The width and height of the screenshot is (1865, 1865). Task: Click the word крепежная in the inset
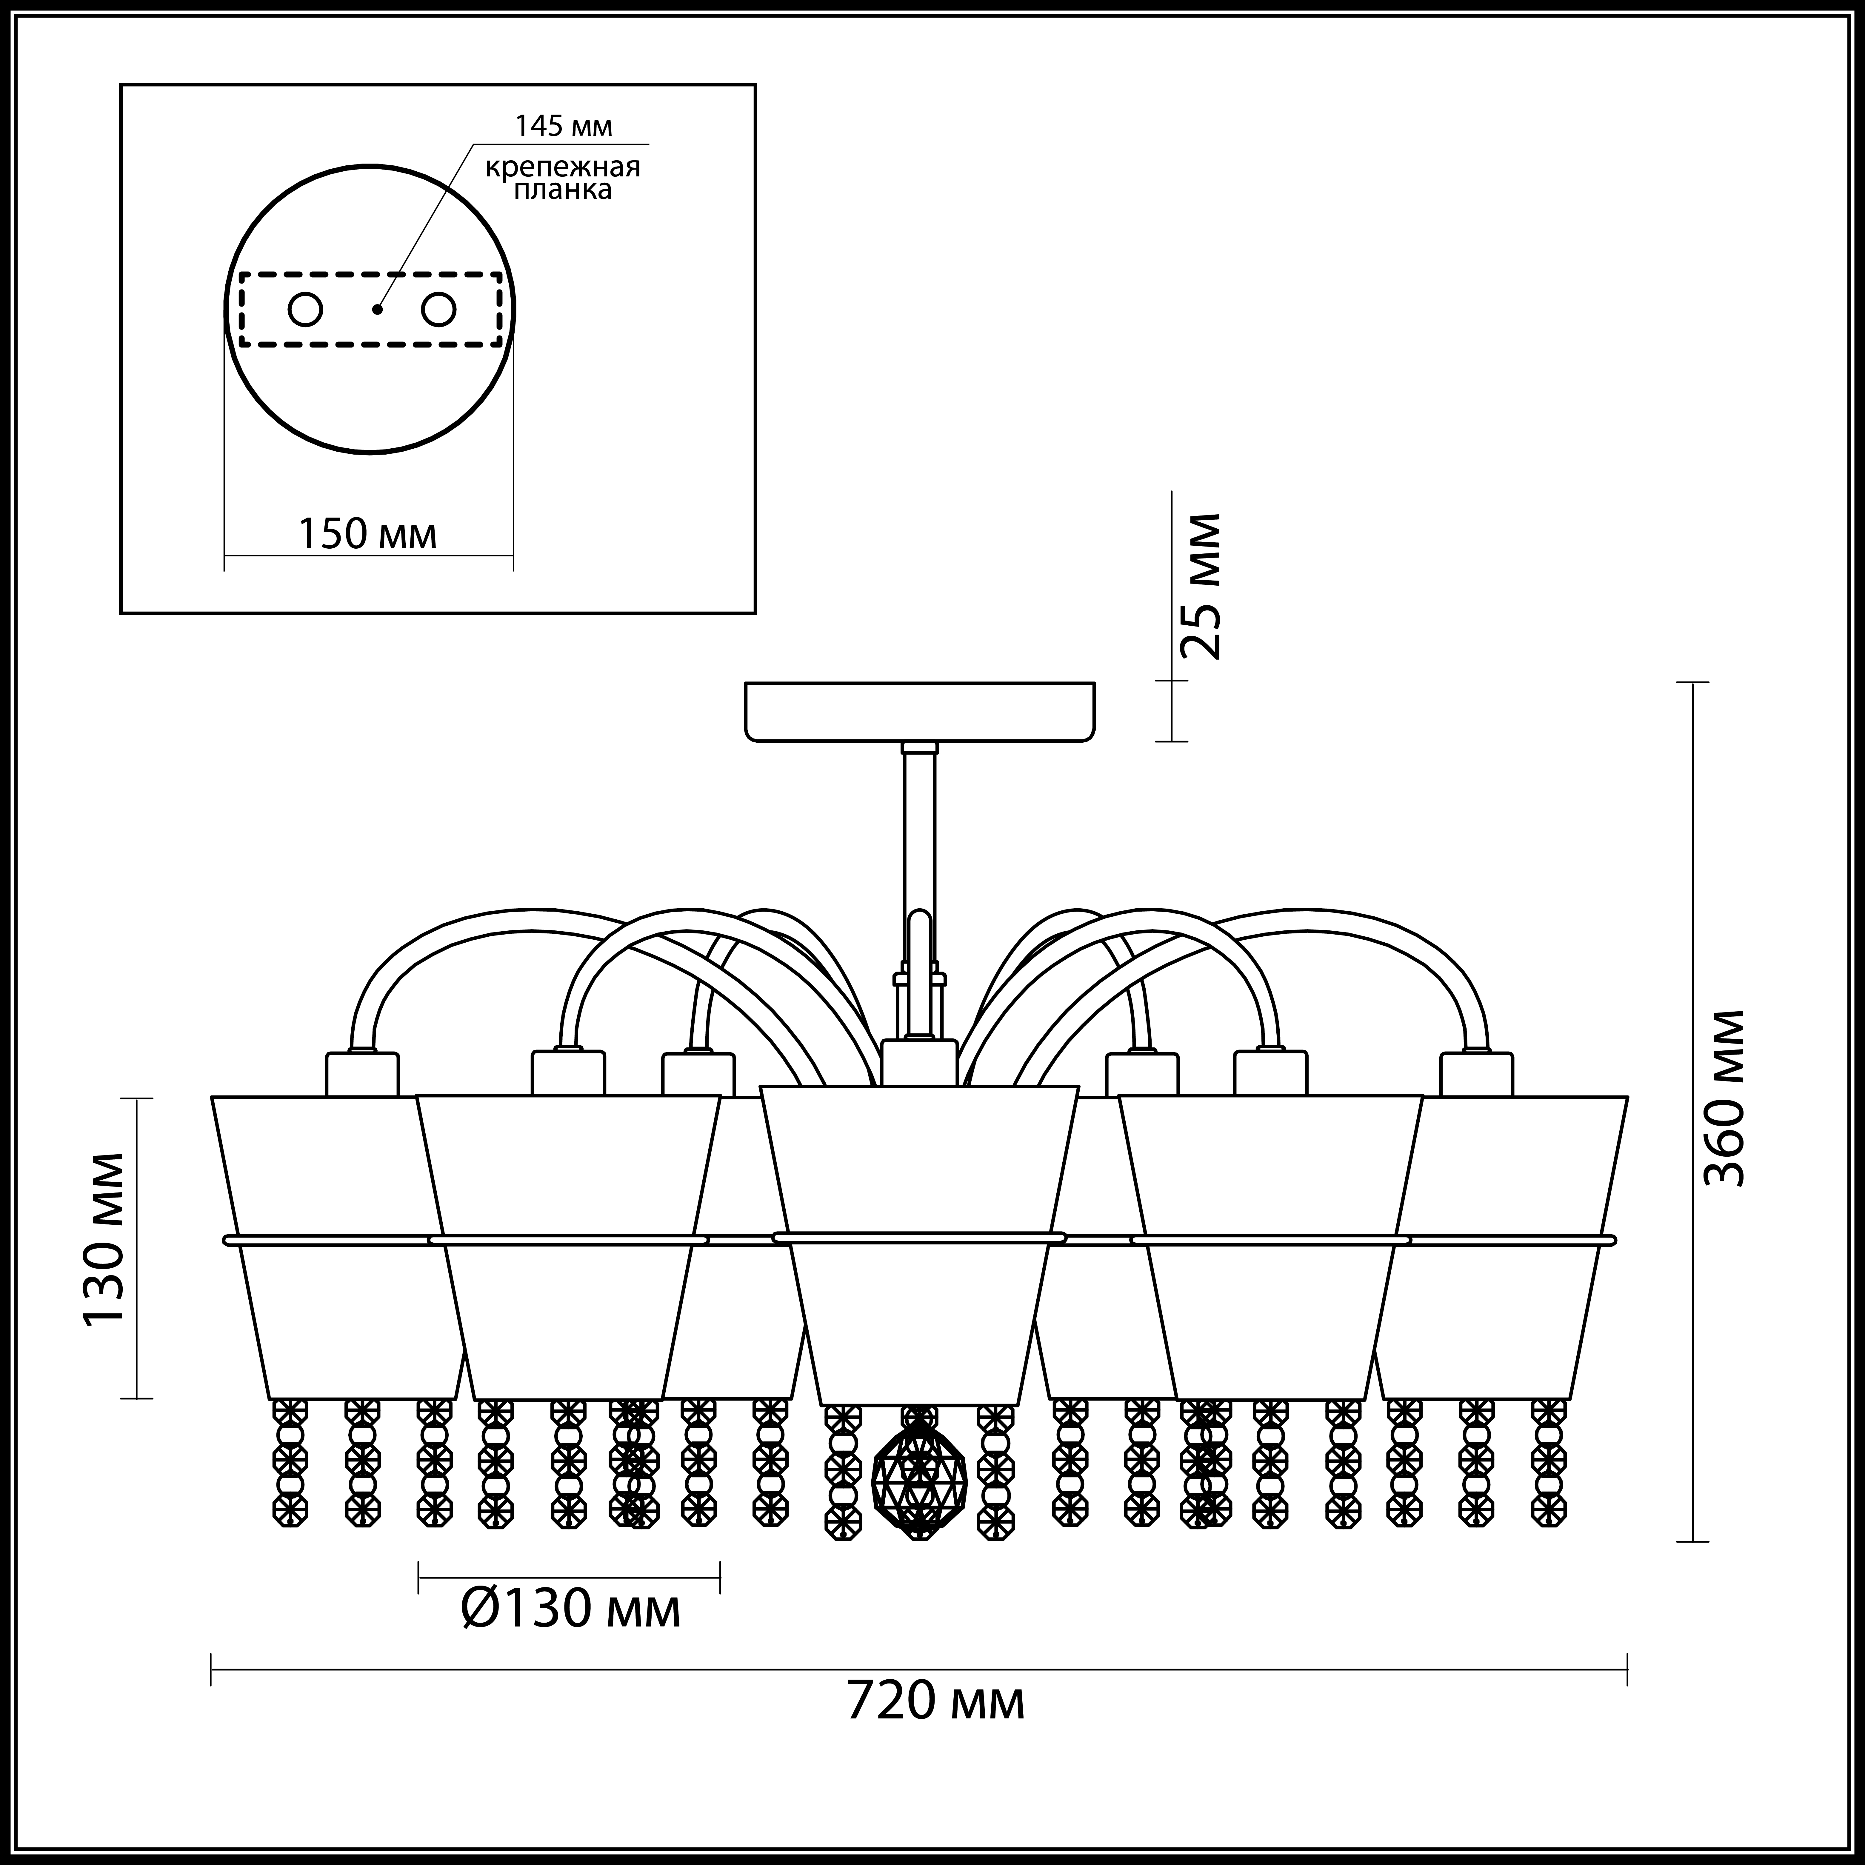(x=563, y=167)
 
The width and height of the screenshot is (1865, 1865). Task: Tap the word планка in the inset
(x=563, y=190)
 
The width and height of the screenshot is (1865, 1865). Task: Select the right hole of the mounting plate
(x=437, y=310)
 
